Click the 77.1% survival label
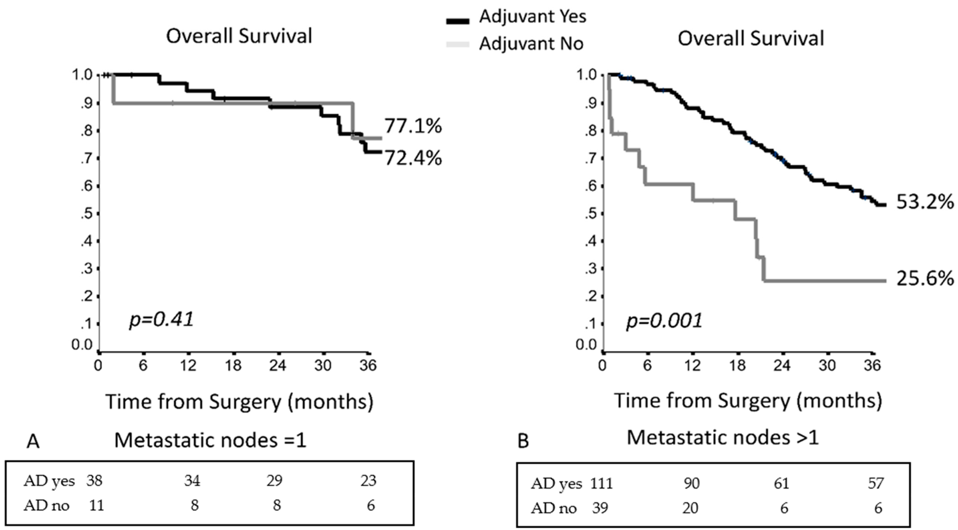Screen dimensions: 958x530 click(413, 126)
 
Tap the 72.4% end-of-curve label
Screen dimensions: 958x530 click(413, 158)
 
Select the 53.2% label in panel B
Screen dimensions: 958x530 click(925, 202)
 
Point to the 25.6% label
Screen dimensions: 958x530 click(925, 278)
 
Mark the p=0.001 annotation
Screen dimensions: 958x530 click(664, 321)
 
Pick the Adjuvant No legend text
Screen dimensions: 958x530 click(531, 44)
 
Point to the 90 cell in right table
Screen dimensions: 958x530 click(692, 483)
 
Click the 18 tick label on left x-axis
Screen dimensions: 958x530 click(233, 366)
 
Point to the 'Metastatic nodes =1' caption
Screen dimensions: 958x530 click(210, 441)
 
